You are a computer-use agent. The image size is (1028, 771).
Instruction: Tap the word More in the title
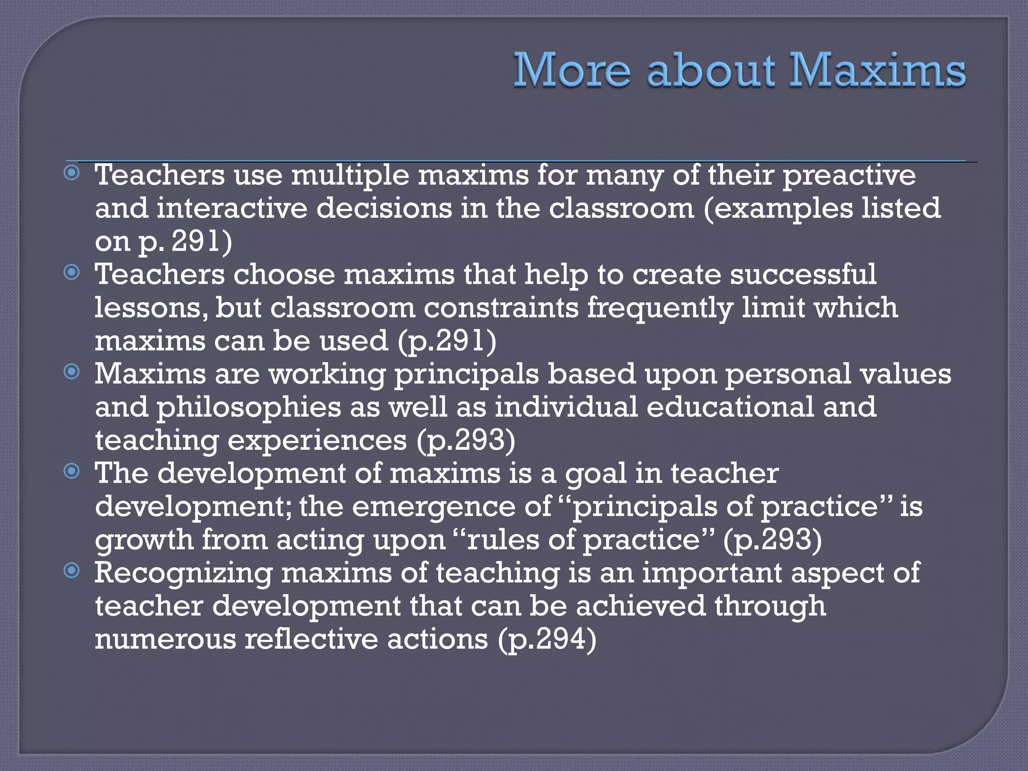click(x=572, y=70)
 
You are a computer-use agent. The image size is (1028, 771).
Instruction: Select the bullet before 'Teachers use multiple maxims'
click(x=72, y=174)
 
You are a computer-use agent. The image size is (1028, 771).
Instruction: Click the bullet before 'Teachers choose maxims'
click(x=72, y=273)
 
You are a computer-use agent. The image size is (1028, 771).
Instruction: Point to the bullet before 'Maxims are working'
click(x=72, y=372)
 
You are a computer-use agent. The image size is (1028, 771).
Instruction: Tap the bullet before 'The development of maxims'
click(x=72, y=471)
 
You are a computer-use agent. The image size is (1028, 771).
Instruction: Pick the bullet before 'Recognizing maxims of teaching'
click(x=72, y=571)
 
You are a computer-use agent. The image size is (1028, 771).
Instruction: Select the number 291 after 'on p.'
click(x=196, y=241)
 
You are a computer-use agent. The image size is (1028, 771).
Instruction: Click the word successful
click(x=803, y=275)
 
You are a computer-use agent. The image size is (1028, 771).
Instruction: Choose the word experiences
click(x=317, y=441)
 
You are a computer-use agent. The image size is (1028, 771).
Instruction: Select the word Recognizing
click(x=183, y=573)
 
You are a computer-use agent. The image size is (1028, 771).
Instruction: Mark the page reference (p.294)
click(x=547, y=639)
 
